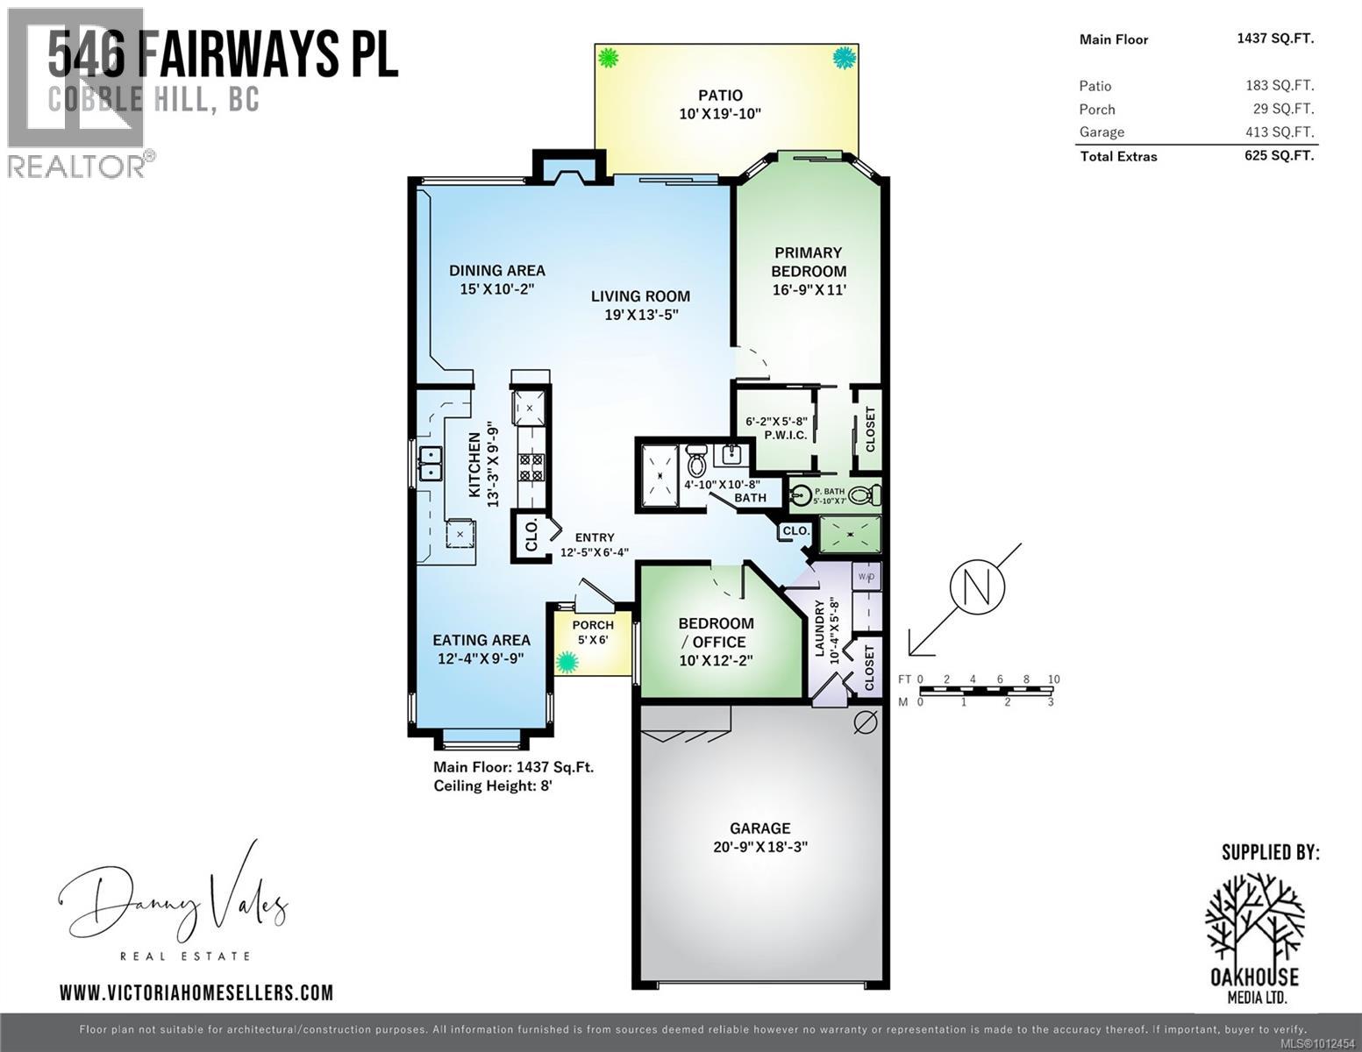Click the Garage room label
pyautogui.click(x=759, y=828)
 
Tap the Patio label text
pyautogui.click(x=720, y=95)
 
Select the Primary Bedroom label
pyautogui.click(x=808, y=261)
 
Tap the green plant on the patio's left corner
pyautogui.click(x=608, y=59)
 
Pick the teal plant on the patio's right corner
pyautogui.click(x=844, y=59)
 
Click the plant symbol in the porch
pyautogui.click(x=567, y=663)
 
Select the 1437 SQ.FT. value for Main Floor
pyautogui.click(x=1274, y=39)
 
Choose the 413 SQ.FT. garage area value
pyautogui.click(x=1279, y=132)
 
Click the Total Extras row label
pyautogui.click(x=1118, y=157)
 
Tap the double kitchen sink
pyautogui.click(x=430, y=463)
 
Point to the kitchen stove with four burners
pyautogui.click(x=531, y=466)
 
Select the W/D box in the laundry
pyautogui.click(x=866, y=577)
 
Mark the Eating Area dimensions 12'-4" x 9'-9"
pyautogui.click(x=481, y=658)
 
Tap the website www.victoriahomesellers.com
pyautogui.click(x=196, y=992)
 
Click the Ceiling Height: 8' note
pyautogui.click(x=493, y=785)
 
